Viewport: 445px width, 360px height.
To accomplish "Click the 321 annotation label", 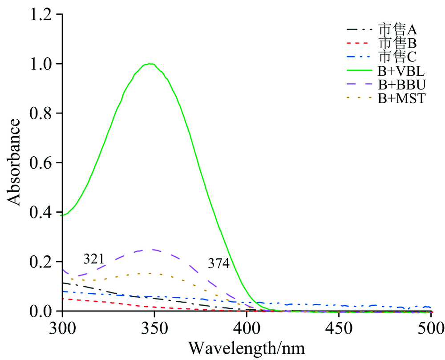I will (x=95, y=259).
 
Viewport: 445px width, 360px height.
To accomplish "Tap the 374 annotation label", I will (x=218, y=264).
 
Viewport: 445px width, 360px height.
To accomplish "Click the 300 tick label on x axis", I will (x=62, y=328).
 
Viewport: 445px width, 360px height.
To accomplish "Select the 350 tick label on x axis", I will (x=154, y=328).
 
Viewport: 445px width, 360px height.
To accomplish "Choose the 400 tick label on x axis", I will (x=247, y=328).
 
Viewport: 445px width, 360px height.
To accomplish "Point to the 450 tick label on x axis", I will (x=339, y=328).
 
